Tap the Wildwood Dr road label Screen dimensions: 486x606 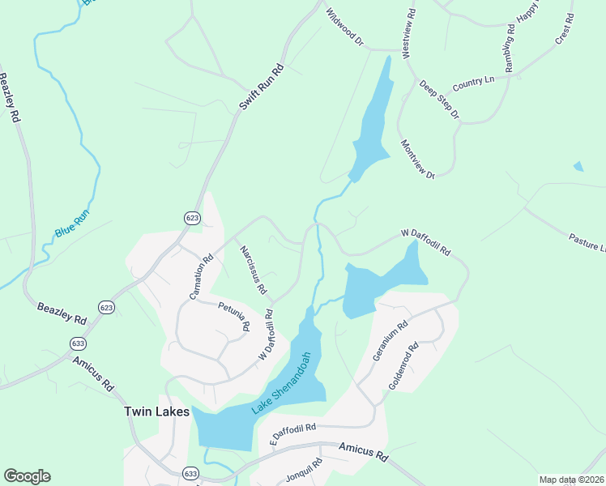tap(344, 27)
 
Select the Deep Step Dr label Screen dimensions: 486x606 tap(439, 100)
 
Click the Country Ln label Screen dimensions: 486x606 tap(473, 83)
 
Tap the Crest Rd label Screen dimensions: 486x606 tap(564, 29)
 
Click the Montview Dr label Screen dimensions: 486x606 tap(418, 160)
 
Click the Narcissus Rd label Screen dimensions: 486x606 tap(253, 271)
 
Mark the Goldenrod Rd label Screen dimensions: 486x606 tap(403, 367)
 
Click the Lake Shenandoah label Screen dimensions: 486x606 tap(282, 383)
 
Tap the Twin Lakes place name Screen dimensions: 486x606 tap(156, 411)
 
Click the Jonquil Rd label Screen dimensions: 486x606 tap(304, 471)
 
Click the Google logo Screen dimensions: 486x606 tap(27, 475)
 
